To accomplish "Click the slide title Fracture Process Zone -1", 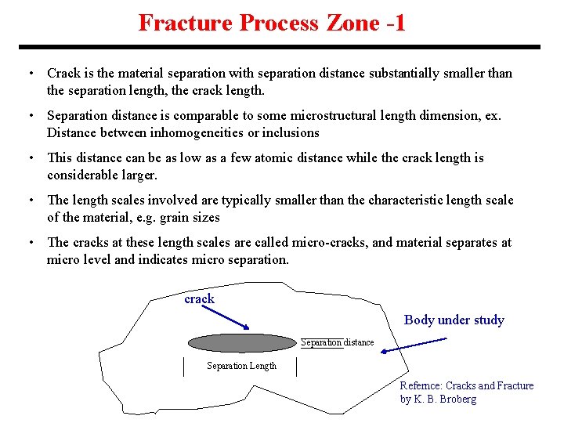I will click(272, 23).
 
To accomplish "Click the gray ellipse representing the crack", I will click(241, 343).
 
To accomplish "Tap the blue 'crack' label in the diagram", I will click(199, 299).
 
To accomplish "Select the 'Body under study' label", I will click(454, 320).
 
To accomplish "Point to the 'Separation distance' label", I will click(338, 342).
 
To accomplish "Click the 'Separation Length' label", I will click(241, 366).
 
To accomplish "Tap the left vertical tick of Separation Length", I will click(183, 366).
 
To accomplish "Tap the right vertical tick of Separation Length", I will click(297, 366).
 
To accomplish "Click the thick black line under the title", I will click(282, 47).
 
